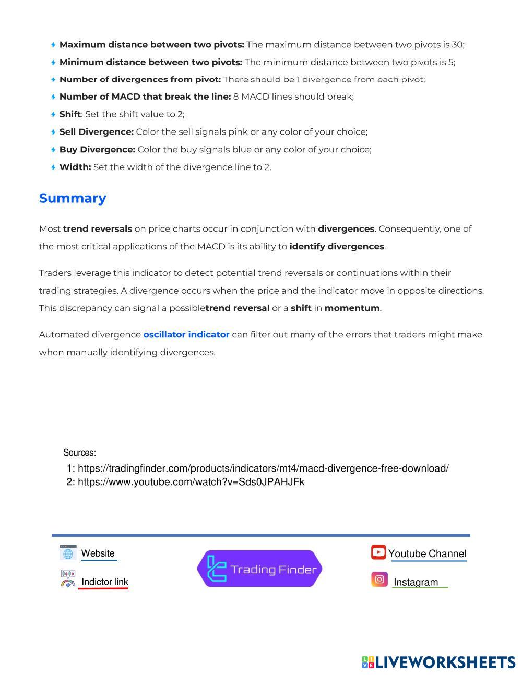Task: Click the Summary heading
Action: (73, 198)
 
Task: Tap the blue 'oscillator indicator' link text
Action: (186, 334)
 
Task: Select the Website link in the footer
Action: (98, 553)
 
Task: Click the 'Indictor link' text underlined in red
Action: (104, 582)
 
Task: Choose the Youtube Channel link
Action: (427, 553)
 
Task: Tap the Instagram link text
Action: (416, 582)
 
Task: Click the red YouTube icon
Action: (378, 552)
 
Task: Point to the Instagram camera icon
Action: (379, 580)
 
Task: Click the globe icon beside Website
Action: (68, 553)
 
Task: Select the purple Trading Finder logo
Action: (259, 569)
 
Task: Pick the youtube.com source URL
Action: (191, 482)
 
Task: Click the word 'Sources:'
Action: (79, 452)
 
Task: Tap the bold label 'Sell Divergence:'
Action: (97, 132)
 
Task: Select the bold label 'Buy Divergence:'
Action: (97, 150)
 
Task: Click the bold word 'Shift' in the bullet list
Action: (70, 114)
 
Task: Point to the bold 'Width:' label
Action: (75, 167)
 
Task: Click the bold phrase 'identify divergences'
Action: (337, 246)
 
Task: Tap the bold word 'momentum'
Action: (352, 308)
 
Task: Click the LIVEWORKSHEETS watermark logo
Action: (438, 662)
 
